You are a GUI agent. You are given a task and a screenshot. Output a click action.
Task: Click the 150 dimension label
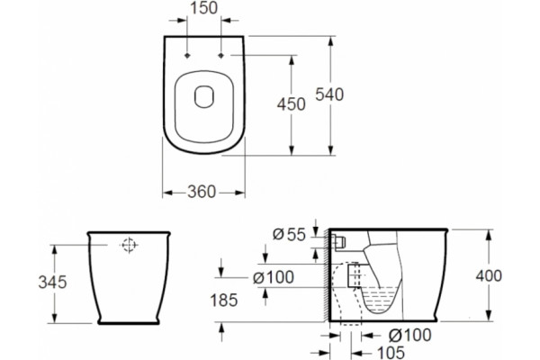[x=204, y=8]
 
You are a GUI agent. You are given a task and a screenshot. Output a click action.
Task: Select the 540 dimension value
[x=329, y=94]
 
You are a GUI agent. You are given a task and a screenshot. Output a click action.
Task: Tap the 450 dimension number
[x=292, y=104]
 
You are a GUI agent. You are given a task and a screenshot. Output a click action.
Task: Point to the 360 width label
[x=202, y=192]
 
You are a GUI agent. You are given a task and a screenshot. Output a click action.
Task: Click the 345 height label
[x=52, y=283]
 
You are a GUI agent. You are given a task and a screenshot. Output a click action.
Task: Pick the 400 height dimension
[x=489, y=276]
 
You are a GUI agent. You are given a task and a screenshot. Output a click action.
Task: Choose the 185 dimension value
[x=224, y=301]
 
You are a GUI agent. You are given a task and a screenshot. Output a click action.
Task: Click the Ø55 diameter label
[x=289, y=235]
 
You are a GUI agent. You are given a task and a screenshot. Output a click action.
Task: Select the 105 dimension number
[x=391, y=353]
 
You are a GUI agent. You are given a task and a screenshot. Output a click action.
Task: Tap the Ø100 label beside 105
[x=409, y=335]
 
